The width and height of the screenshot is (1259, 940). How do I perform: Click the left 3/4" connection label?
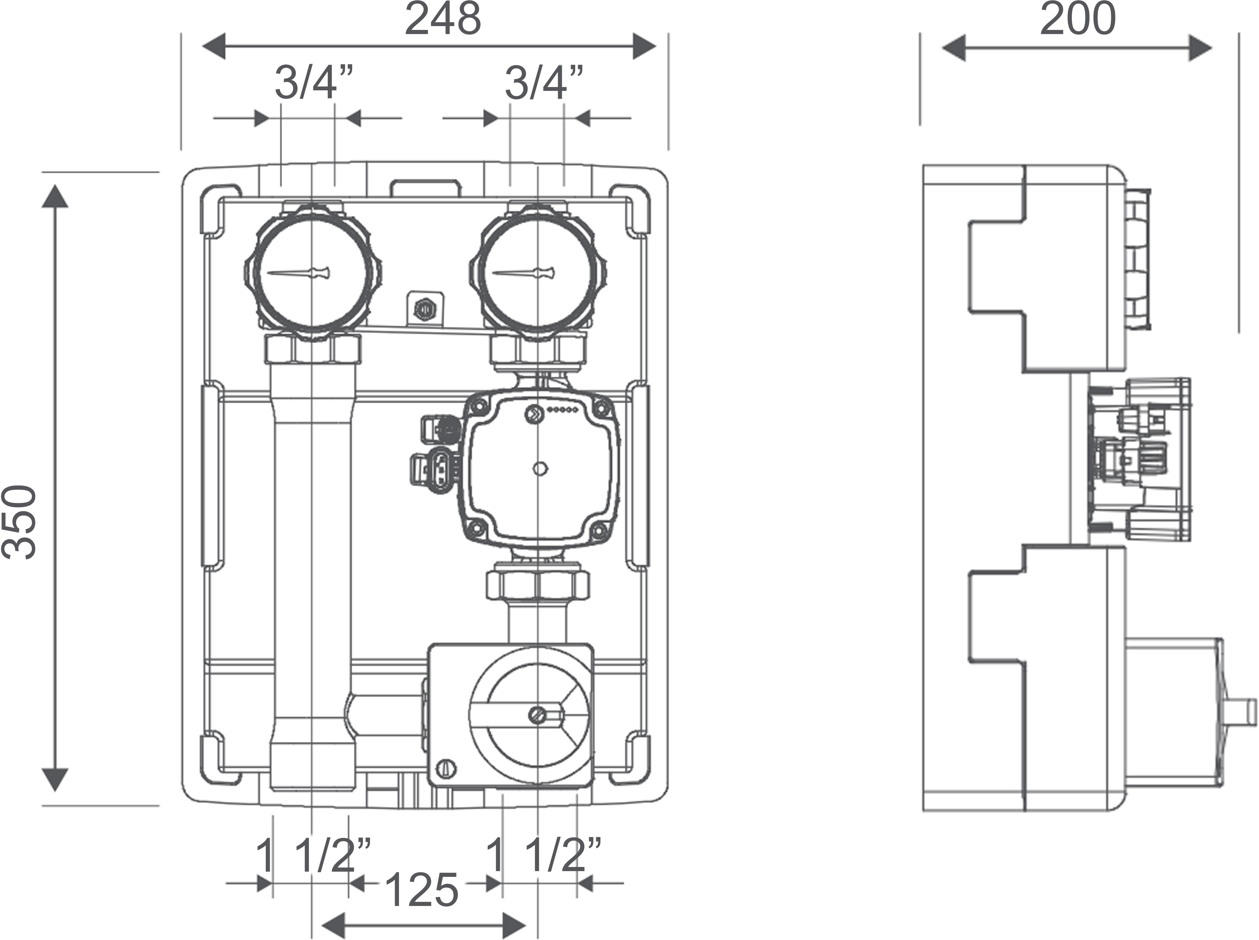(314, 83)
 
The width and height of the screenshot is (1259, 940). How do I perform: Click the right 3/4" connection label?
(544, 83)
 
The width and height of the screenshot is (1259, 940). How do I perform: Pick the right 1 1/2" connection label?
(544, 855)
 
